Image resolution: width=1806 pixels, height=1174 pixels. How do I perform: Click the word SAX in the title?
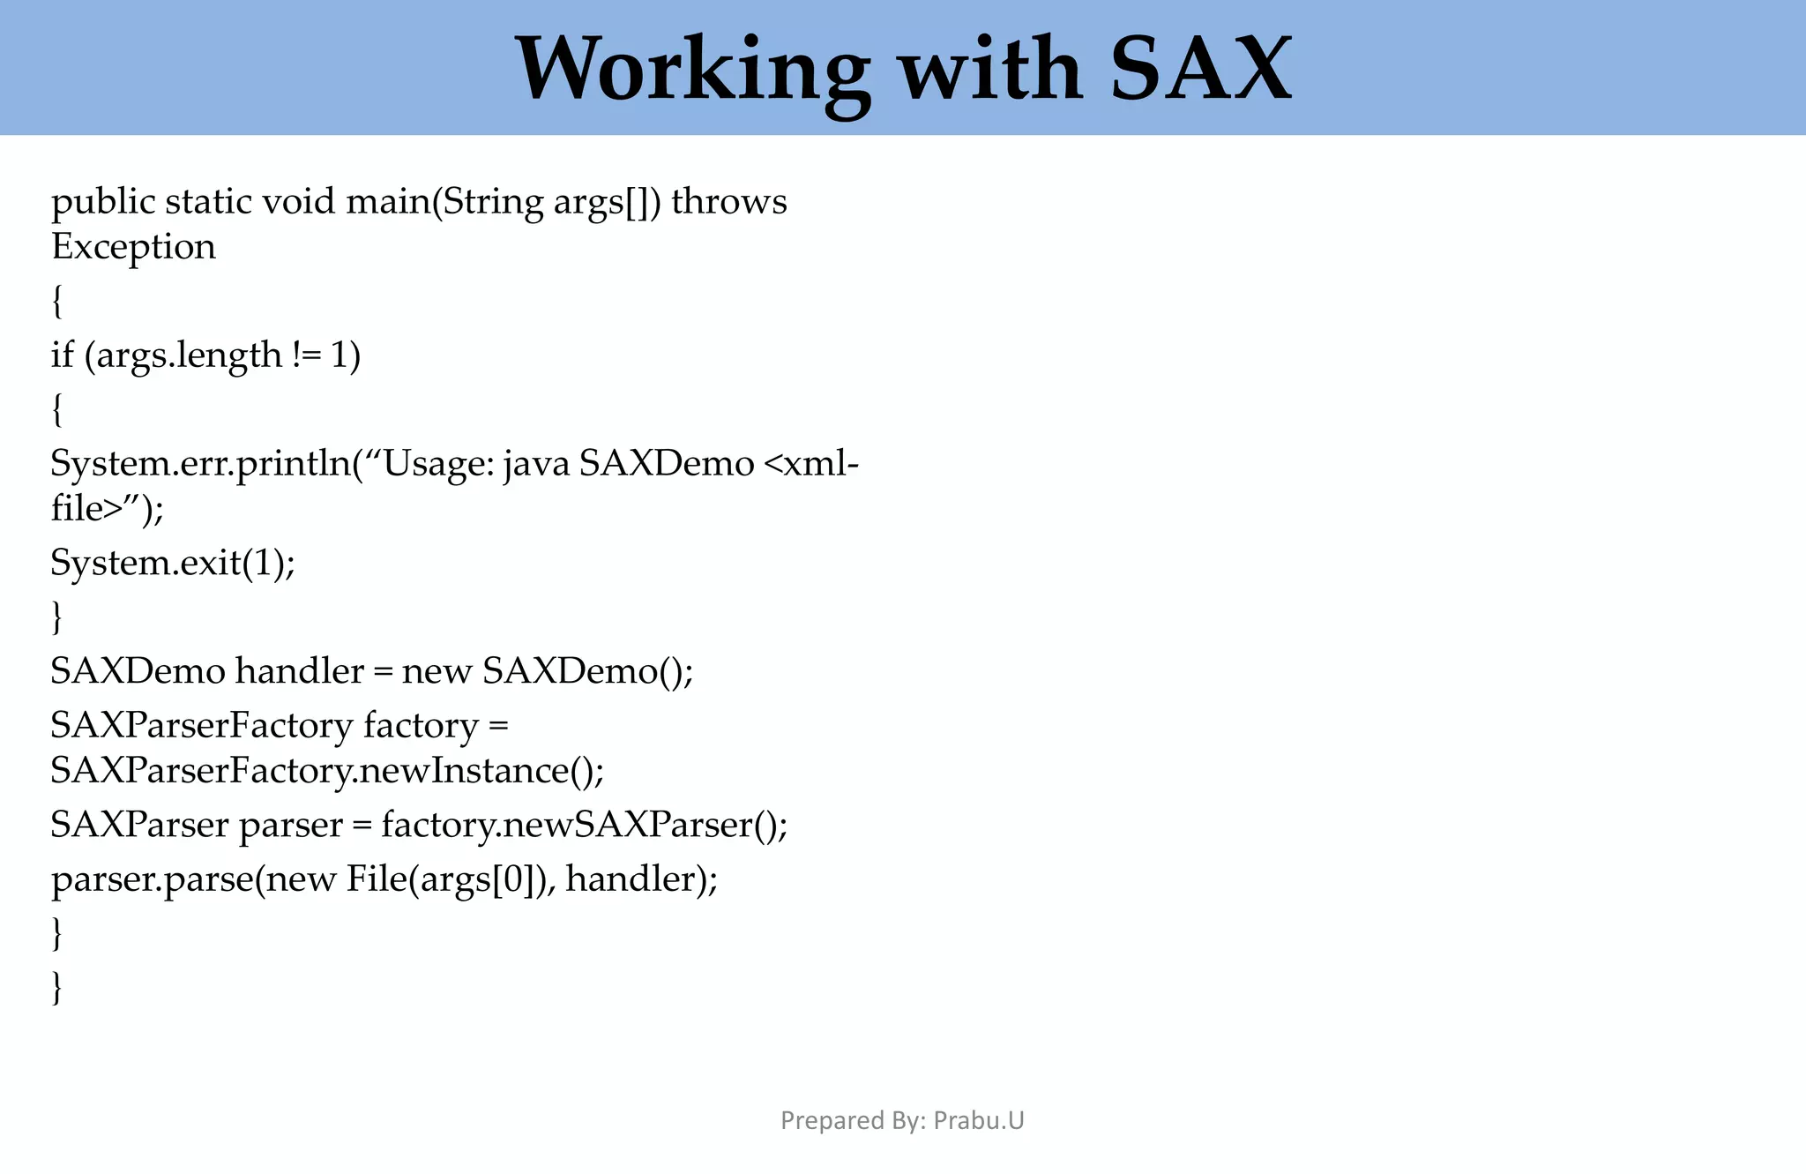1201,69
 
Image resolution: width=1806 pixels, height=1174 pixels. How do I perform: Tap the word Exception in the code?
133,247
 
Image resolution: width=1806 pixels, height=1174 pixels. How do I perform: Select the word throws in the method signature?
729,202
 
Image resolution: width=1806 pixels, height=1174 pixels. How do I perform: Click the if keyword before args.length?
62,355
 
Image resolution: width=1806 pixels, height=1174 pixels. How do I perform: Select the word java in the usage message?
536,463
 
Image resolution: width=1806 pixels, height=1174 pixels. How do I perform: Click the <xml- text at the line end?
810,463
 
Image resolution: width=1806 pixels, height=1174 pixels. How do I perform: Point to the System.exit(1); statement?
173,563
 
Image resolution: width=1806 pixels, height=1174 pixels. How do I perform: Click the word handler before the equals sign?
299,672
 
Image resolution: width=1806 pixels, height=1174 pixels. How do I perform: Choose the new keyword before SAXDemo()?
437,672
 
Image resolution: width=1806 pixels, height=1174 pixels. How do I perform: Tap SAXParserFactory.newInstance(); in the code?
327,771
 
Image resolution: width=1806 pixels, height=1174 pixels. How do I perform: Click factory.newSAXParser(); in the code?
584,826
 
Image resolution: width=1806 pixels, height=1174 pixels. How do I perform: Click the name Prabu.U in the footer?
979,1120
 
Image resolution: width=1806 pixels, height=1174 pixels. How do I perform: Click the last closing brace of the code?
57,987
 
